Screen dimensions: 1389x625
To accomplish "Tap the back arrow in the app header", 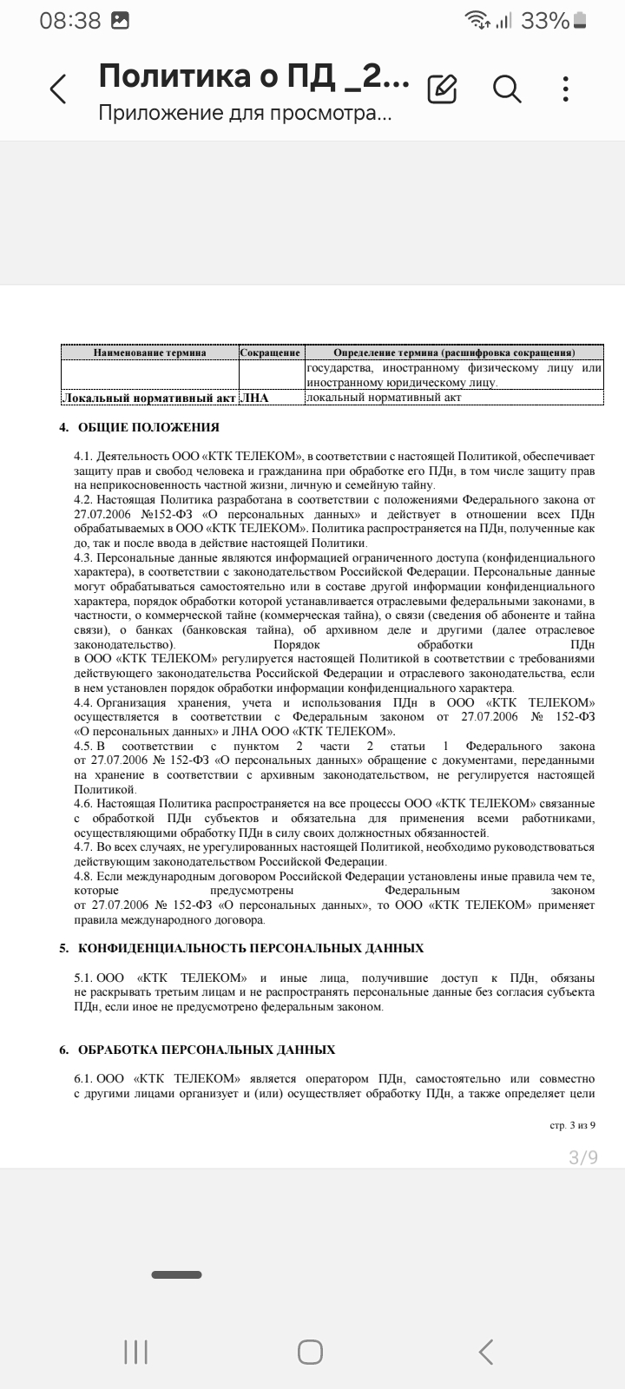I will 58,89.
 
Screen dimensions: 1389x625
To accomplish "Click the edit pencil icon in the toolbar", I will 443,89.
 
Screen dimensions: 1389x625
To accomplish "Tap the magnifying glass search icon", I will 507,89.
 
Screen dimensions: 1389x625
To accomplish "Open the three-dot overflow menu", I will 566,89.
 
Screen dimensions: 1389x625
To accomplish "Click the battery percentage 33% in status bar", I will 545,21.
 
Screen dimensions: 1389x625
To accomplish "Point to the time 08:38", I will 70,21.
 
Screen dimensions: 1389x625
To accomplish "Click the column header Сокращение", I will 270,352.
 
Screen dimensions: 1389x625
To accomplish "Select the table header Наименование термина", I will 150,352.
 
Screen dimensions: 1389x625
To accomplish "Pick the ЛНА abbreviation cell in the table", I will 254,398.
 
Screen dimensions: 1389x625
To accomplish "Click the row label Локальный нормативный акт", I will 148,398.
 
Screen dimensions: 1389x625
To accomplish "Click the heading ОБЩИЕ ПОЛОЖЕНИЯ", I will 148,427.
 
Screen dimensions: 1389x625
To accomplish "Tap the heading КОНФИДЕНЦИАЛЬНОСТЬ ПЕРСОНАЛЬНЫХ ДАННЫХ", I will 251,948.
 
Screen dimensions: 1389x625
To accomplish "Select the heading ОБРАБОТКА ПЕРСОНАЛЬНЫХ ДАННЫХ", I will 207,1050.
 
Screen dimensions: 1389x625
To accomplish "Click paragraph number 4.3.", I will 83,558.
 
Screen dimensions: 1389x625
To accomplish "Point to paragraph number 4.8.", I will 83,876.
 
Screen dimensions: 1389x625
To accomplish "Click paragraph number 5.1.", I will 83,978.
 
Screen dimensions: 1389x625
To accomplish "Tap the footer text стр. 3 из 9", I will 574,1125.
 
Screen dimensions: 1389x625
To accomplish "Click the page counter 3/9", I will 583,1157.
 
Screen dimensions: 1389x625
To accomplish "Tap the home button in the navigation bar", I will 311,1352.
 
